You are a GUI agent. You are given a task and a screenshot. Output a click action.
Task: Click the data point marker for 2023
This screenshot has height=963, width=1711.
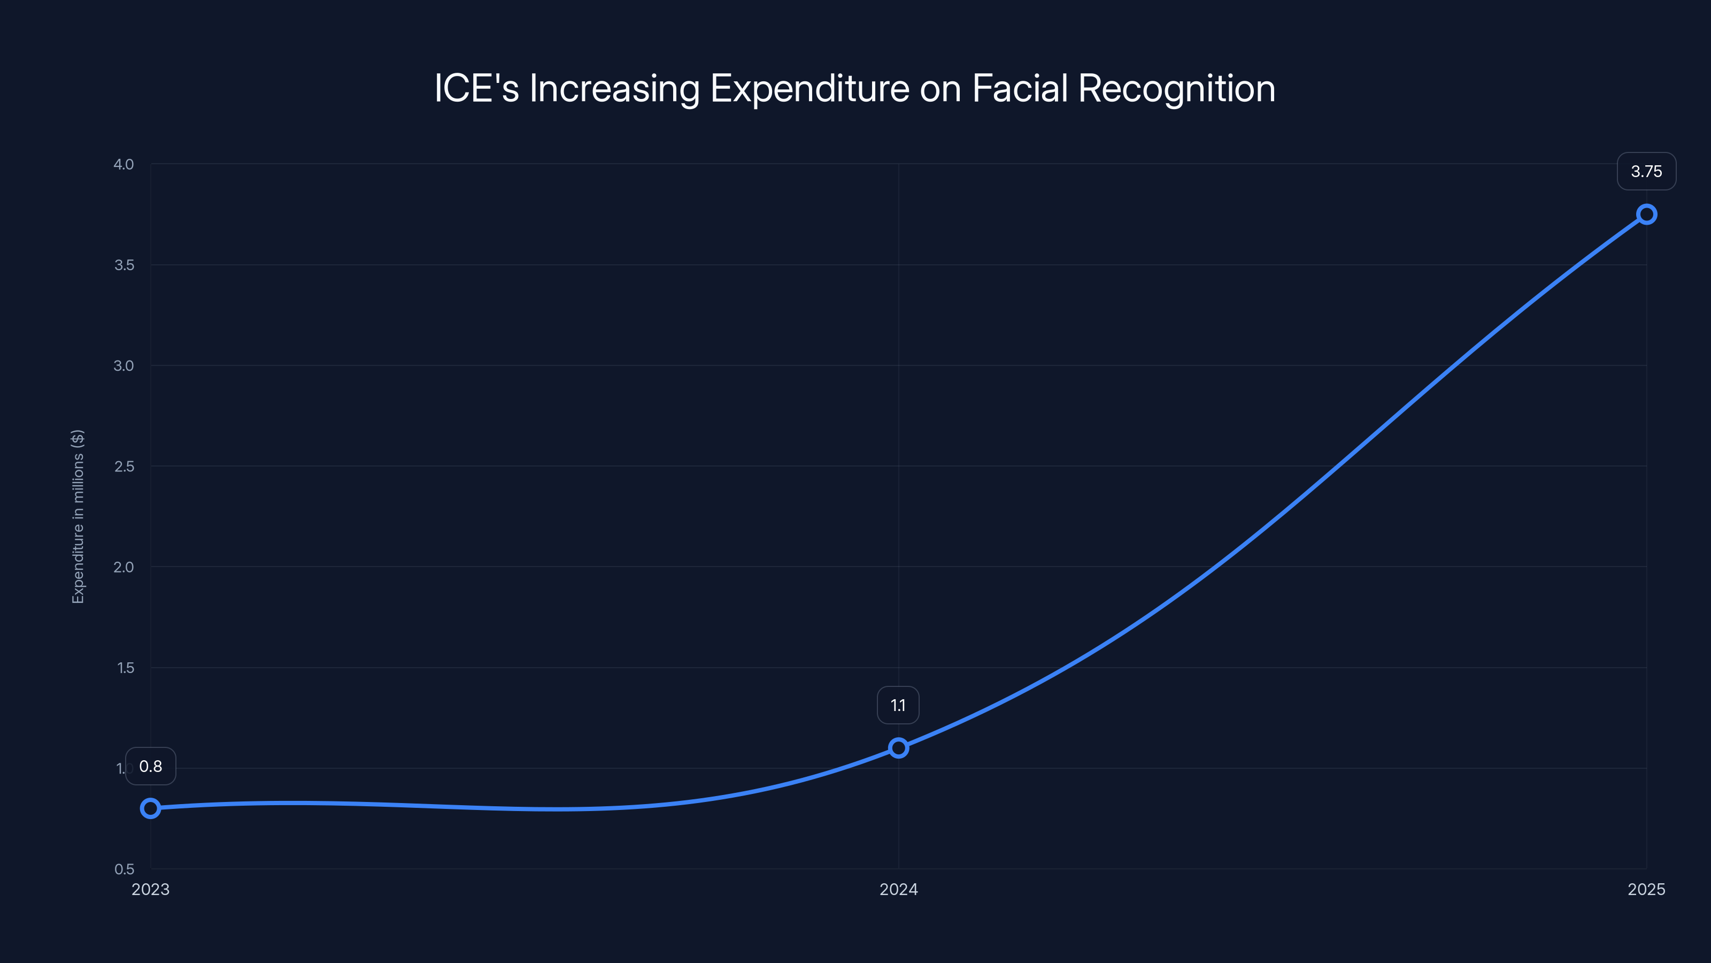[151, 808]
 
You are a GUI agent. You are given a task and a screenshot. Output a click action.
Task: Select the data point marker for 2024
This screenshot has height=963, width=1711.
[898, 748]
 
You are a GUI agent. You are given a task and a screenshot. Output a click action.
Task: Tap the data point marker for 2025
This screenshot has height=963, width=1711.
[1646, 214]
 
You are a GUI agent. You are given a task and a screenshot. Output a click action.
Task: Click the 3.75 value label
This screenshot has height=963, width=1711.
[1646, 171]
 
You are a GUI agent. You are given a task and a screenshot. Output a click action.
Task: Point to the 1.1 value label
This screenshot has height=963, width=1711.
[898, 705]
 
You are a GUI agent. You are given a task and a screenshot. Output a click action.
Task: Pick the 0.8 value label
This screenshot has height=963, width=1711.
[151, 766]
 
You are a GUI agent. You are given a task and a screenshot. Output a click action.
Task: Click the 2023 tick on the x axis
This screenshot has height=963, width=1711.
[151, 889]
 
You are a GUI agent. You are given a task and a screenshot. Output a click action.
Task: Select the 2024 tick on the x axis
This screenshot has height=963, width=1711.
[898, 889]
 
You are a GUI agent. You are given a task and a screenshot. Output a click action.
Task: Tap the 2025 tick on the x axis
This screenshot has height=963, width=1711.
[1646, 889]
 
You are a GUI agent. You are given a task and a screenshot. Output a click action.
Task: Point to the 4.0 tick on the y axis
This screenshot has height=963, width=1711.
[124, 164]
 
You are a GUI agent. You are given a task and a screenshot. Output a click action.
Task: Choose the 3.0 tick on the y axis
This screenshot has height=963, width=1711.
[124, 365]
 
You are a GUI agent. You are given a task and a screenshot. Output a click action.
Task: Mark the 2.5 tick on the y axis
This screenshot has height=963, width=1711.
[124, 467]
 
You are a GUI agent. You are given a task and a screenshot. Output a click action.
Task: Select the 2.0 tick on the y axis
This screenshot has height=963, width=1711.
[124, 567]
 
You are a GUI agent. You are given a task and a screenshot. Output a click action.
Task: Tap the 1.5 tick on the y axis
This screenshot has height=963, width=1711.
[125, 668]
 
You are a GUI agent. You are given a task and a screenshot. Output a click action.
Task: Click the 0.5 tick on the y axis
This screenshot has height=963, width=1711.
[124, 869]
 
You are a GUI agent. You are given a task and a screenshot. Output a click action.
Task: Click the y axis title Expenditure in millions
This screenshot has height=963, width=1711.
[78, 516]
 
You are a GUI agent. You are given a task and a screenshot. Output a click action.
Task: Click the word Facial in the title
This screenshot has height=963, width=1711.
[1020, 88]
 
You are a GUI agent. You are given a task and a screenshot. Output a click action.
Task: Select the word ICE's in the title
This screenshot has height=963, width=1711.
[476, 88]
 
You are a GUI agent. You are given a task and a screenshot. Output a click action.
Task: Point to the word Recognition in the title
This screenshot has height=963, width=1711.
[1176, 88]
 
